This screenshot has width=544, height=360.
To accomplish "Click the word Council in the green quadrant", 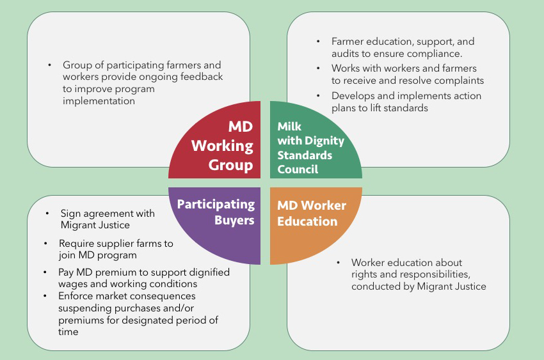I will pyautogui.click(x=298, y=169).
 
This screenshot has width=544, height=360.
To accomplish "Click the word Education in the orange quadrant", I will pyautogui.click(x=307, y=222).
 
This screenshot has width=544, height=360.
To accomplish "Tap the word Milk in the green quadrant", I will pyautogui.click(x=289, y=126).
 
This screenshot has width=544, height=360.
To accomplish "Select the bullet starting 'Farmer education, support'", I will pyautogui.click(x=403, y=48).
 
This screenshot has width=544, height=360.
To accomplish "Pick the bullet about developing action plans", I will pyautogui.click(x=406, y=102).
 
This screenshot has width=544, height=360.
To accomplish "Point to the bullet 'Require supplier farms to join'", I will pyautogui.click(x=116, y=249).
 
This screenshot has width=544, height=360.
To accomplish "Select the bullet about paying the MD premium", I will pyautogui.click(x=144, y=278).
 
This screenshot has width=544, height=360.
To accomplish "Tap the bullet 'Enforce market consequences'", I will pyautogui.click(x=138, y=314).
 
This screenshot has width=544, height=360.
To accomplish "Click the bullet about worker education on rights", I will pyautogui.click(x=418, y=274).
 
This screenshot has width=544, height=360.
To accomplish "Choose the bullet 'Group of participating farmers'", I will pyautogui.click(x=142, y=83).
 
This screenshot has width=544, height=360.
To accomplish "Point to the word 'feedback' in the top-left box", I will pyautogui.click(x=202, y=77).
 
